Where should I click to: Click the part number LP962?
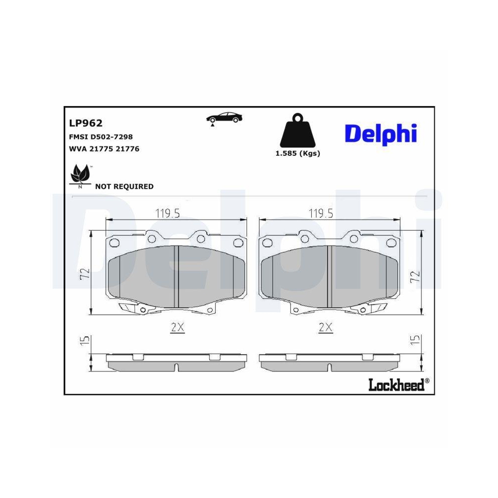pyautogui.click(x=85, y=123)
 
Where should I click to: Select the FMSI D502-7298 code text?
pyautogui.click(x=100, y=136)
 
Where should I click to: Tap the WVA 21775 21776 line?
pyautogui.click(x=103, y=148)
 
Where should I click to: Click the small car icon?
pyautogui.click(x=225, y=118)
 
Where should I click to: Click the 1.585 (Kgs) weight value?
pyautogui.click(x=298, y=153)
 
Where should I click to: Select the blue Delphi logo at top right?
pyautogui.click(x=380, y=133)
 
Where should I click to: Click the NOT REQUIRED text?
pyautogui.click(x=124, y=187)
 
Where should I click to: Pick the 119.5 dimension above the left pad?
pyautogui.click(x=167, y=213)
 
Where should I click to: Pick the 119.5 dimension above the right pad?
pyautogui.click(x=321, y=213)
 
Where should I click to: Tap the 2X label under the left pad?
pyautogui.click(x=177, y=327)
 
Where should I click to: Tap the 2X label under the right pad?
pyautogui.click(x=325, y=327)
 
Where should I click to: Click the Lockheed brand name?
pyautogui.click(x=396, y=384)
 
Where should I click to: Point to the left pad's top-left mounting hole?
pyautogui.click(x=114, y=243)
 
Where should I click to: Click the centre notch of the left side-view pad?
pyautogui.click(x=177, y=368)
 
